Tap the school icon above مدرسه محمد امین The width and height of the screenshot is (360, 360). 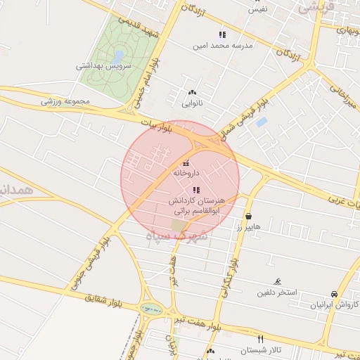[x=222, y=34]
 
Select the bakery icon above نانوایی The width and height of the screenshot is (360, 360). [x=192, y=92]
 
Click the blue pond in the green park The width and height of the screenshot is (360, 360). [x=118, y=54]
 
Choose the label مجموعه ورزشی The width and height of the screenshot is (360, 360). [x=66, y=101]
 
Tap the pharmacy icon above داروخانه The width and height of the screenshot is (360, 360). [x=186, y=163]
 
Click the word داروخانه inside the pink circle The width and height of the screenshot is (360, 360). [x=186, y=172]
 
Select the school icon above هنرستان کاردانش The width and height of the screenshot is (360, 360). [x=195, y=190]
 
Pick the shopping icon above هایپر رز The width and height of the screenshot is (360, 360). [x=250, y=216]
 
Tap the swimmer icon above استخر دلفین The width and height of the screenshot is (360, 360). [x=278, y=281]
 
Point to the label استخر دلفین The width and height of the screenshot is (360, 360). [x=276, y=291]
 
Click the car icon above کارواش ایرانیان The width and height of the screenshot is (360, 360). [x=334, y=294]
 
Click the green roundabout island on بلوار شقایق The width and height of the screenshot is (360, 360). [x=150, y=308]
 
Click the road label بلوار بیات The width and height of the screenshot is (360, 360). [x=156, y=126]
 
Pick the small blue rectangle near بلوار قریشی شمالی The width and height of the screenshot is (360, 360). [x=261, y=122]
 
